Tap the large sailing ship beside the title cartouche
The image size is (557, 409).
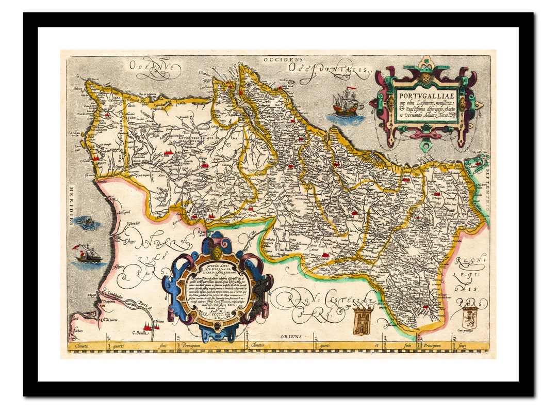[347, 103]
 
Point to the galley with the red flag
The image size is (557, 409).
[88, 254]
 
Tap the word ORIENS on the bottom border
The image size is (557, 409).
[291, 337]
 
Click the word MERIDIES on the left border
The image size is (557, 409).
[71, 206]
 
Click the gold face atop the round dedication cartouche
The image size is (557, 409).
[217, 253]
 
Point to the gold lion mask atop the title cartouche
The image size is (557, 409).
[426, 78]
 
